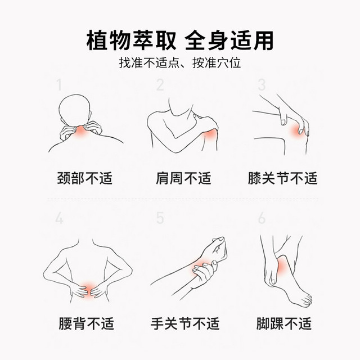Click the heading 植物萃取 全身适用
(x=180, y=40)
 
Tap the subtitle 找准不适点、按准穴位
(x=180, y=62)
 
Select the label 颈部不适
(x=85, y=178)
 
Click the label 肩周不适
(x=183, y=178)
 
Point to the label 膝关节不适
(x=282, y=178)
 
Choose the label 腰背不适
(x=86, y=323)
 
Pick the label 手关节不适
(x=185, y=323)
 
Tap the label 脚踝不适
(x=283, y=323)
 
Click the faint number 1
(x=60, y=85)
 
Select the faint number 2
(x=160, y=85)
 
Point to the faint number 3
(x=262, y=85)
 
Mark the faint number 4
(x=59, y=218)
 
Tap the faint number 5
(x=160, y=218)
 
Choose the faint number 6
(x=262, y=218)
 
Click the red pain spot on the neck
(x=80, y=132)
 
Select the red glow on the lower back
(x=88, y=290)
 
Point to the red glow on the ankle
(x=282, y=266)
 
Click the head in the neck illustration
(x=75, y=110)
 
